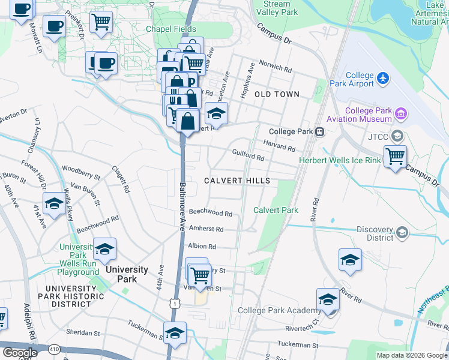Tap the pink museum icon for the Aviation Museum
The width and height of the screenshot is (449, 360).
[401, 112]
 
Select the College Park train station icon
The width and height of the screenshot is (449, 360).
[321, 132]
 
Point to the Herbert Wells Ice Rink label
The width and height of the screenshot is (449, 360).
[340, 160]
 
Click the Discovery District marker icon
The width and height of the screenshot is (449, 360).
[402, 233]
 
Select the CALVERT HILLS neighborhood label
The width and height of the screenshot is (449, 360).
[237, 181]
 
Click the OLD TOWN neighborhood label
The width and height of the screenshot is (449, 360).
[277, 95]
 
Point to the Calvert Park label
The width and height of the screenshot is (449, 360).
[276, 210]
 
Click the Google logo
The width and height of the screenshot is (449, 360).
[20, 352]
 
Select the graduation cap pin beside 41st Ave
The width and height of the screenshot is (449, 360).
[54, 203]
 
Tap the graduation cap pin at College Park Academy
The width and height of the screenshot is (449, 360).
[328, 299]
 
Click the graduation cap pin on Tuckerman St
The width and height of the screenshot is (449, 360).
[175, 333]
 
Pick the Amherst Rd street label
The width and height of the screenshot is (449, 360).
[206, 229]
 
